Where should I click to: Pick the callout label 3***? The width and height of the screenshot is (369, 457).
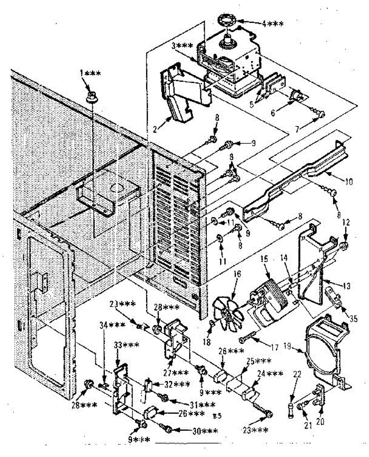pyautogui.click(x=181, y=46)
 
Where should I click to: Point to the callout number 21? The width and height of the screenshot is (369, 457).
pyautogui.click(x=308, y=425)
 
